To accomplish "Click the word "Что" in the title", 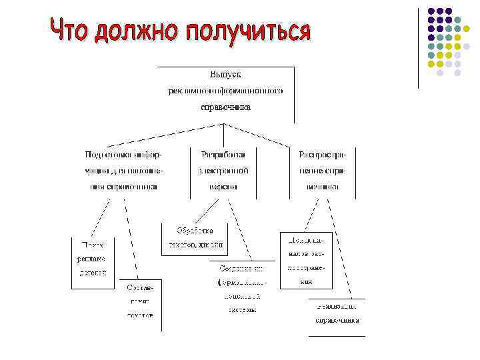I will click(x=71, y=31).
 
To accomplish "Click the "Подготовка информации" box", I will click(x=123, y=171).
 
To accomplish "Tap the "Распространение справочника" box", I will click(x=323, y=171).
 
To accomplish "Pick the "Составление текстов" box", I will click(x=141, y=301).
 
